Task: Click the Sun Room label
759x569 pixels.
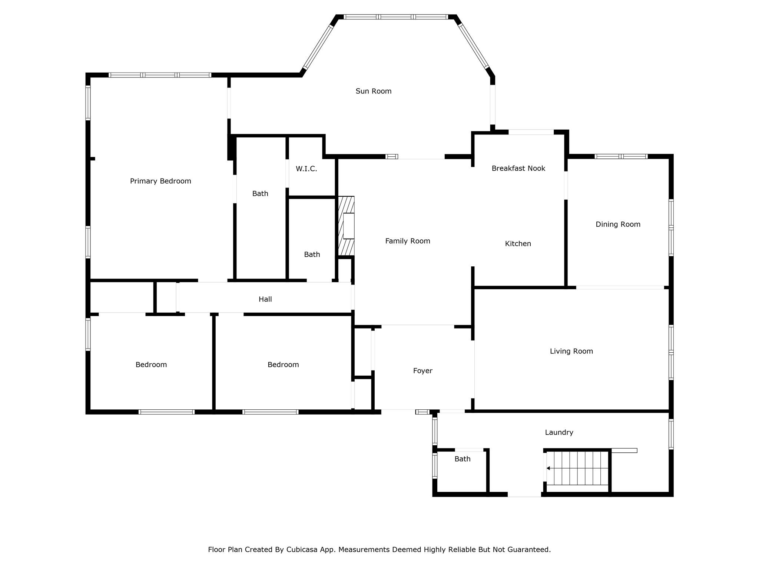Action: pos(373,91)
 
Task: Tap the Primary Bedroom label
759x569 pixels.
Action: pos(160,181)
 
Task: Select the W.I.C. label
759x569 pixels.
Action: pos(306,169)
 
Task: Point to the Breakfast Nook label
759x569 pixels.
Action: pos(518,168)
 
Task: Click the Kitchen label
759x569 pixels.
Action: pos(518,244)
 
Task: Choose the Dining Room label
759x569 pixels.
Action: pos(618,224)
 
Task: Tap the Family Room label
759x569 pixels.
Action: pos(408,241)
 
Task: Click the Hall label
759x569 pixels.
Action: pos(265,299)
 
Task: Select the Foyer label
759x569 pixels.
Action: pos(423,371)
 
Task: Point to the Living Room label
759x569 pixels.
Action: pos(571,351)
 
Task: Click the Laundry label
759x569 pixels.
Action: pos(559,432)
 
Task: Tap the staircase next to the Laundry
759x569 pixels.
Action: pos(577,468)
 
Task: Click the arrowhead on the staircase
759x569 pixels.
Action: pos(548,468)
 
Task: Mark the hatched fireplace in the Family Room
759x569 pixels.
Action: pos(346,226)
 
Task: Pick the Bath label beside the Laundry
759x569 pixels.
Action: pos(463,459)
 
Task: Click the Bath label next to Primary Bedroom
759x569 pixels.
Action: pos(260,193)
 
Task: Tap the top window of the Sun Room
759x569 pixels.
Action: pos(396,17)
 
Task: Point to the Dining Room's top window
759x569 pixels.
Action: pos(621,156)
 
